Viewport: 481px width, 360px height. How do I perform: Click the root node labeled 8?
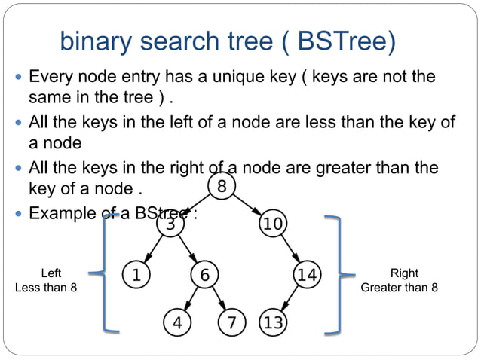click(x=221, y=186)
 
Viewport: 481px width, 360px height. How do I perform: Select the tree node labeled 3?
click(x=170, y=224)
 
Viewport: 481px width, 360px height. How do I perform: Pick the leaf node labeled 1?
click(x=135, y=275)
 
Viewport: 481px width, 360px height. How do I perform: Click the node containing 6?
click(x=204, y=275)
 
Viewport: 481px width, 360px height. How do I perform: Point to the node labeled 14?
click(x=306, y=275)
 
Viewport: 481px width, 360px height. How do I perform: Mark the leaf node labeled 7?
click(x=231, y=323)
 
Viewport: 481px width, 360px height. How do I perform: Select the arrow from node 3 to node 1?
click(x=153, y=249)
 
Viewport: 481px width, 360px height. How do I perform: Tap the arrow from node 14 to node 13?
click(x=290, y=299)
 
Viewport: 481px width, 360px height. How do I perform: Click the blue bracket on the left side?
click(x=106, y=273)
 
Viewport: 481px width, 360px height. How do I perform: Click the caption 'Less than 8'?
click(x=46, y=288)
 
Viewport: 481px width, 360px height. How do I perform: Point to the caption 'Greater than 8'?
click(x=399, y=288)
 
